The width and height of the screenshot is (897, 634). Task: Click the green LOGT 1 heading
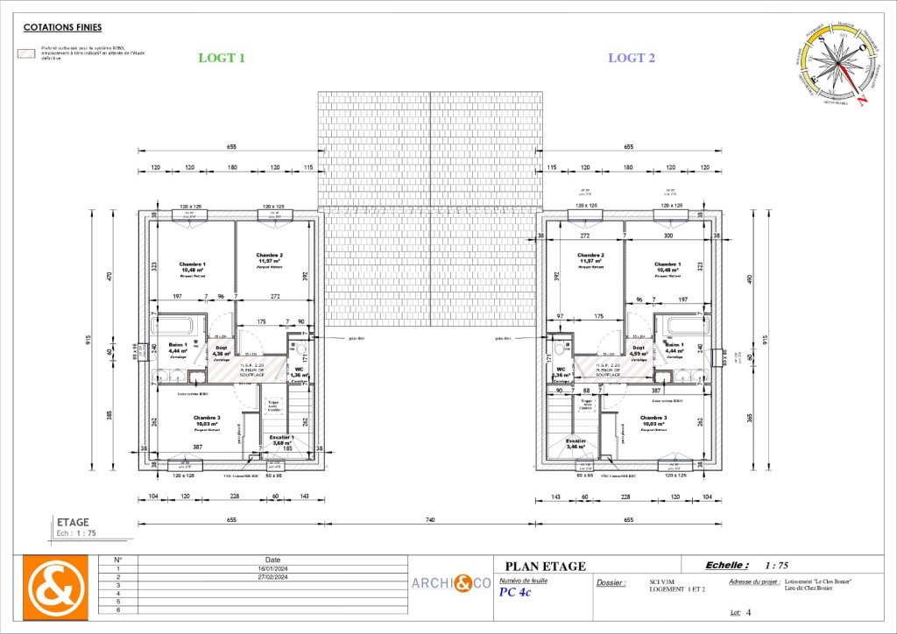click(x=222, y=59)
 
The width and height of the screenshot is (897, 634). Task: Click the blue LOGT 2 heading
click(x=632, y=59)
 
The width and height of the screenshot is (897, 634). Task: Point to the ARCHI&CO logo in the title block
click(x=452, y=582)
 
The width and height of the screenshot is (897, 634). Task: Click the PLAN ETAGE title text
click(x=545, y=566)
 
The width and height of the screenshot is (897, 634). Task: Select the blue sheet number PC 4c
click(x=514, y=592)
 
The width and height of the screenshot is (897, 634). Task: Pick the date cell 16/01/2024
click(x=272, y=568)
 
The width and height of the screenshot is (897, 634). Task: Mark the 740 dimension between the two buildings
click(x=430, y=520)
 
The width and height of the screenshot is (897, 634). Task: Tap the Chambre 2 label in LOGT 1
click(x=269, y=256)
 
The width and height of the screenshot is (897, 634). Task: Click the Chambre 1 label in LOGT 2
click(x=667, y=264)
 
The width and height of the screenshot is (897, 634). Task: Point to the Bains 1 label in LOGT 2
click(x=674, y=344)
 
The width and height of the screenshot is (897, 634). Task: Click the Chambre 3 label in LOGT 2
click(x=653, y=418)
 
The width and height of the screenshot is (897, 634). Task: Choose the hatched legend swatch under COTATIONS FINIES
click(x=28, y=54)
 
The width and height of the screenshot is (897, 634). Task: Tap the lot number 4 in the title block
click(x=749, y=614)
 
